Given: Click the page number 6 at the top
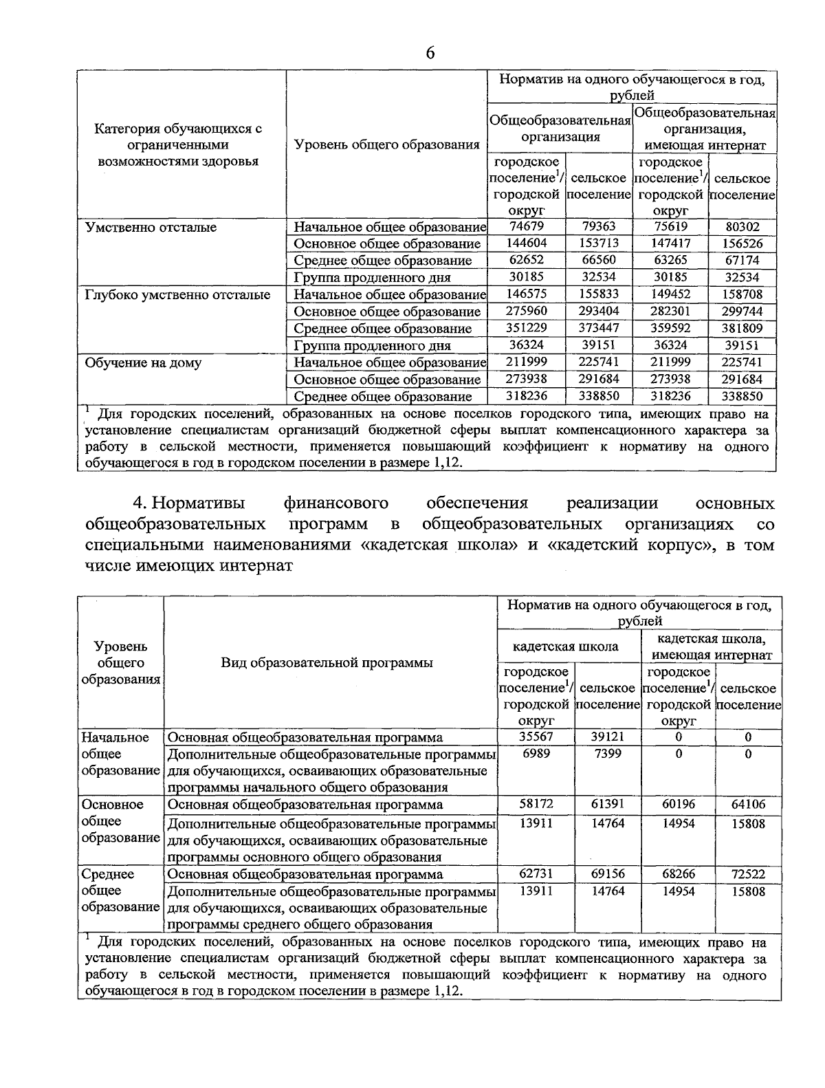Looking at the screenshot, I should click(430, 53).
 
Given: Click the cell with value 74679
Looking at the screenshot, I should click(525, 227).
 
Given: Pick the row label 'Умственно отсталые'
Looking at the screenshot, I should click(151, 227).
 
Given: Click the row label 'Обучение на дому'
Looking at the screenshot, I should click(143, 362).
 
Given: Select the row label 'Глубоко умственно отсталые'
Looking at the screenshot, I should click(177, 295).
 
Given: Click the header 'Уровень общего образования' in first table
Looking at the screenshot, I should click(386, 144).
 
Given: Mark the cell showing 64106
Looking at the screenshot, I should click(748, 804).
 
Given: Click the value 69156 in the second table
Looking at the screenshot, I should click(608, 874).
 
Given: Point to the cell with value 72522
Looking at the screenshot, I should click(748, 874).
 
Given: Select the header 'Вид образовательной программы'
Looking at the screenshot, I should click(327, 662).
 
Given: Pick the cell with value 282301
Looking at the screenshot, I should click(670, 312).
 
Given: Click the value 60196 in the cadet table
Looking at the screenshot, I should click(678, 804).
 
